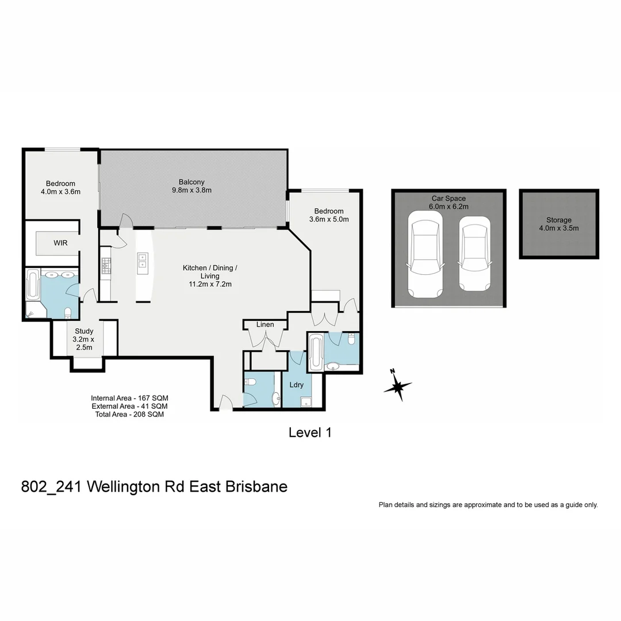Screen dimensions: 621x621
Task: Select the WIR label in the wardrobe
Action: tap(60, 243)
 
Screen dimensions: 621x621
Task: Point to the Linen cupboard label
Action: tap(265, 325)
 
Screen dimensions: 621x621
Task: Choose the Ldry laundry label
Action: tap(296, 385)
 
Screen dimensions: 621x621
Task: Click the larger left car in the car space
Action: tap(425, 254)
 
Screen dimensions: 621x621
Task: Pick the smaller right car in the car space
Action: tap(474, 254)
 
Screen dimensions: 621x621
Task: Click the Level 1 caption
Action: tap(310, 432)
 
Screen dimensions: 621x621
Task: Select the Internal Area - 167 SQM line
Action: tap(129, 398)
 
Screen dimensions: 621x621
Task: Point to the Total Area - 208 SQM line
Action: tap(129, 414)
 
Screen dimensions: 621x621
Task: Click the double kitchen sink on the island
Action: tap(142, 264)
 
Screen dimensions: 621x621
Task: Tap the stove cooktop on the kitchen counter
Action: tap(106, 265)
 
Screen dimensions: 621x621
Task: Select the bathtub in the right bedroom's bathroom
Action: tap(316, 352)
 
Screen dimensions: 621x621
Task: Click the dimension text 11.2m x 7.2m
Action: tap(209, 284)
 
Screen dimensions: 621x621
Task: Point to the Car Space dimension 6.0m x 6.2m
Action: tap(448, 206)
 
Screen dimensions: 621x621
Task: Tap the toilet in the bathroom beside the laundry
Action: tap(251, 383)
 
